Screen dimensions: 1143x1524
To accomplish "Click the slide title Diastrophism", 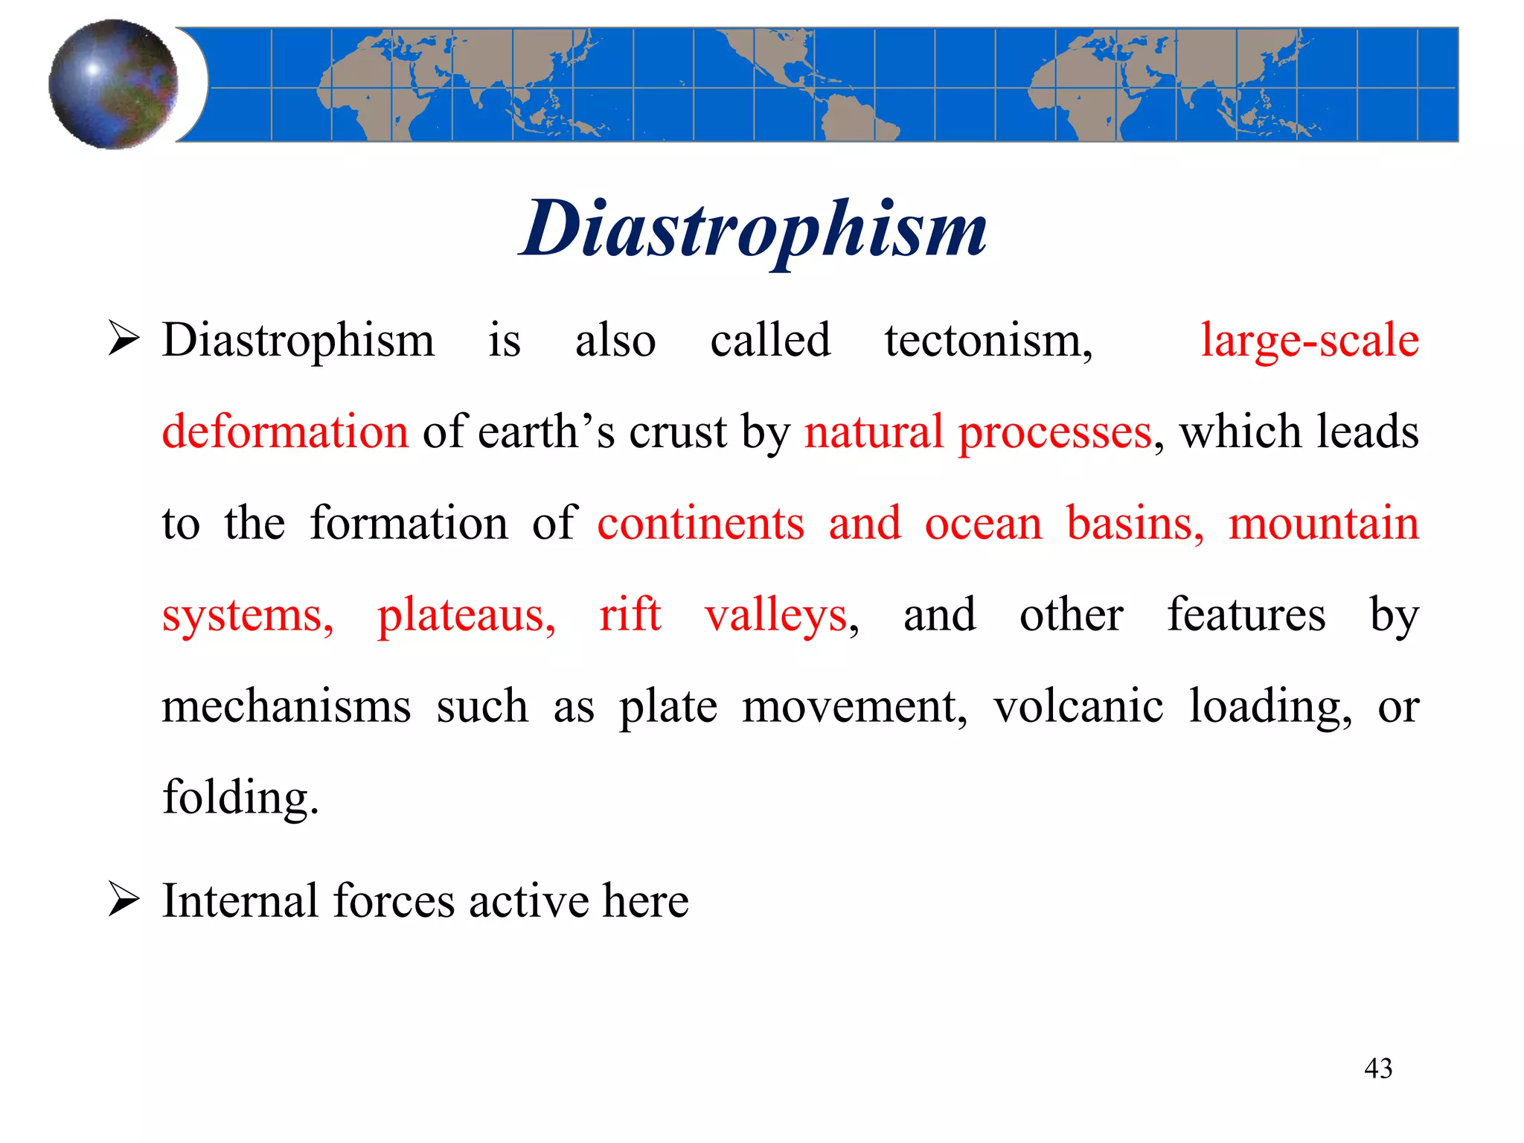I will click(753, 228).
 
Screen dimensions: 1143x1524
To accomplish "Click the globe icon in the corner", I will click(114, 84).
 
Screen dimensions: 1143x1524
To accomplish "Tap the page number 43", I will click(1377, 1069).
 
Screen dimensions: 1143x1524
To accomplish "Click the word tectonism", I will click(987, 341).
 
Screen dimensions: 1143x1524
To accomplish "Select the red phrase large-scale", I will click(1310, 341).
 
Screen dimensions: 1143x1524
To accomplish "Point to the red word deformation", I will click(285, 432).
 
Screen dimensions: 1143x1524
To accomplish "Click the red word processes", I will click(1054, 432).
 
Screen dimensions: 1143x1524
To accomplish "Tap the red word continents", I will click(700, 523).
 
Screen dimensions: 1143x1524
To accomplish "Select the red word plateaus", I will click(466, 615).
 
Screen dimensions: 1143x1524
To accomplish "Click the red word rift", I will click(630, 615).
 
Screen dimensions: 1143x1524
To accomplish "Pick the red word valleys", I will click(777, 615).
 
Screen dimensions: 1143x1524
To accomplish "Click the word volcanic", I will click(1078, 706).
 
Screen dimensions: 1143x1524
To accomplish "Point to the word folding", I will click(240, 798).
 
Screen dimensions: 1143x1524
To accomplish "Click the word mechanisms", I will click(286, 706).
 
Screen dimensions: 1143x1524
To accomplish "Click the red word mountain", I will click(1323, 523).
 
